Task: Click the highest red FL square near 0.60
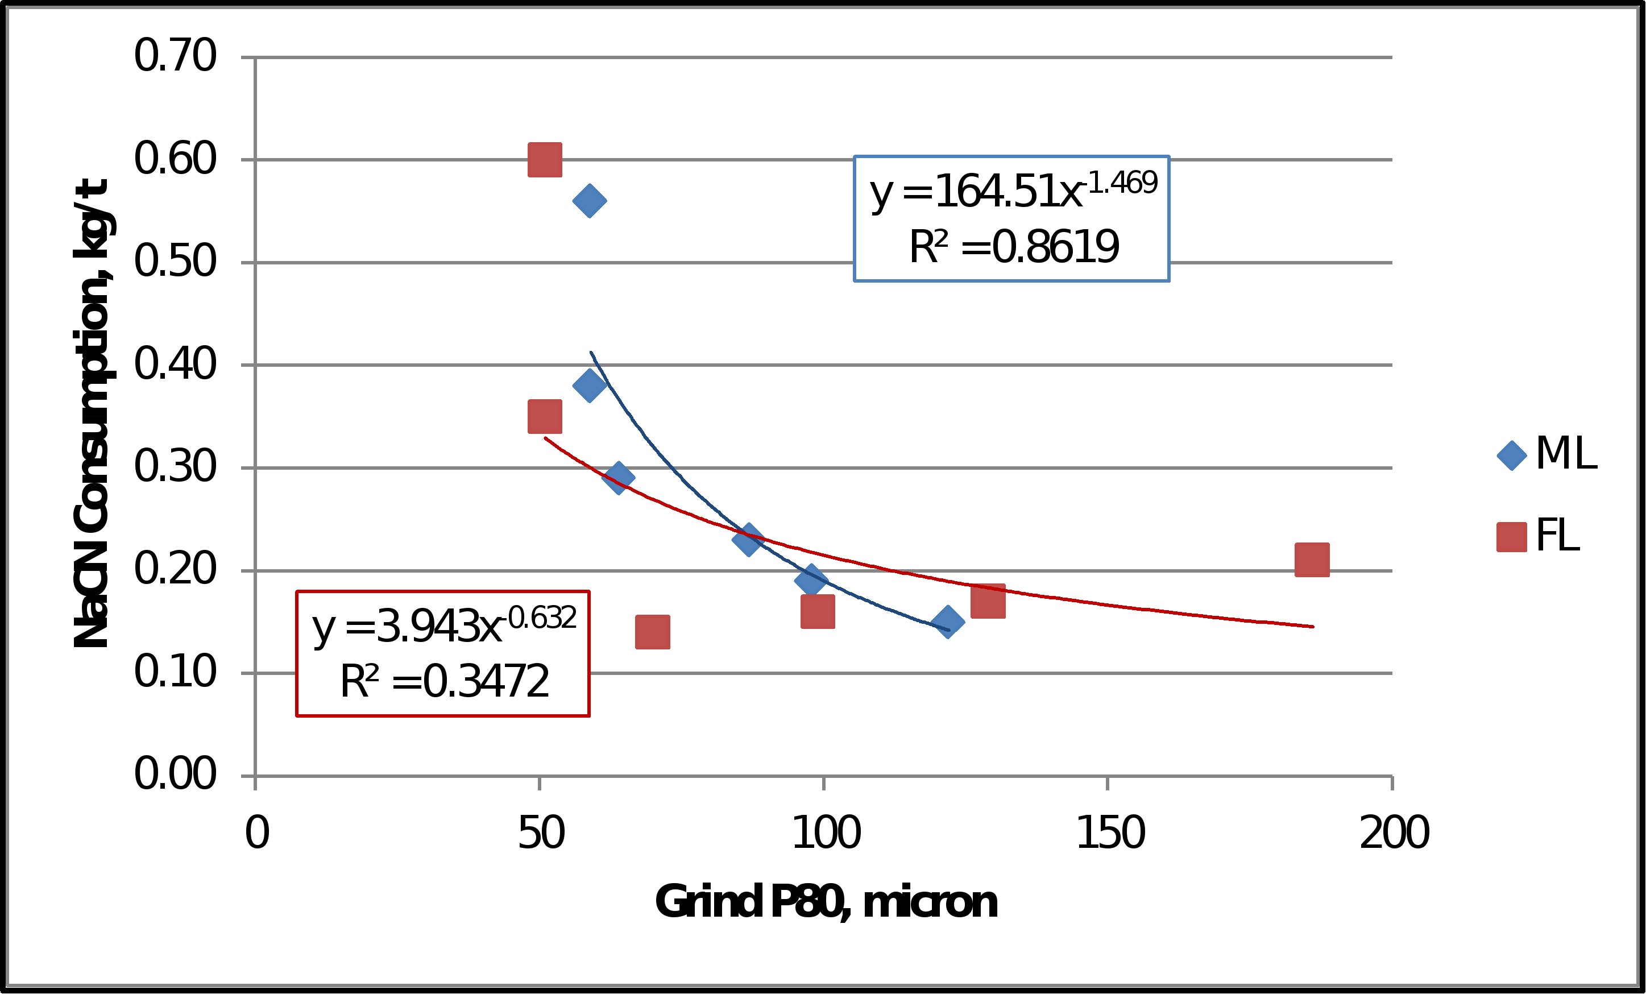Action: (545, 160)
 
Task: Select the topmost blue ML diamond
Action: (589, 200)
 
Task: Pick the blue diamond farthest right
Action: (947, 622)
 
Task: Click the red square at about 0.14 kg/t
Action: (653, 632)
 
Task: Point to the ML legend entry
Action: (1547, 454)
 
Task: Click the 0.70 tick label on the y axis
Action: (175, 56)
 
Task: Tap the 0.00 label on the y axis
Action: (175, 775)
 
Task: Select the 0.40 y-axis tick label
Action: (175, 364)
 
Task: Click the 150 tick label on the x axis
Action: (1110, 834)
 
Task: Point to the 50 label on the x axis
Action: (541, 834)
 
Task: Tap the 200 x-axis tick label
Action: (1394, 834)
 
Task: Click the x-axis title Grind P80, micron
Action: (826, 902)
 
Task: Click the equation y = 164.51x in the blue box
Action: (1012, 190)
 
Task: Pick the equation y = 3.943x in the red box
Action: (443, 626)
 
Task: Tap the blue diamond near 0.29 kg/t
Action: (618, 477)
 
